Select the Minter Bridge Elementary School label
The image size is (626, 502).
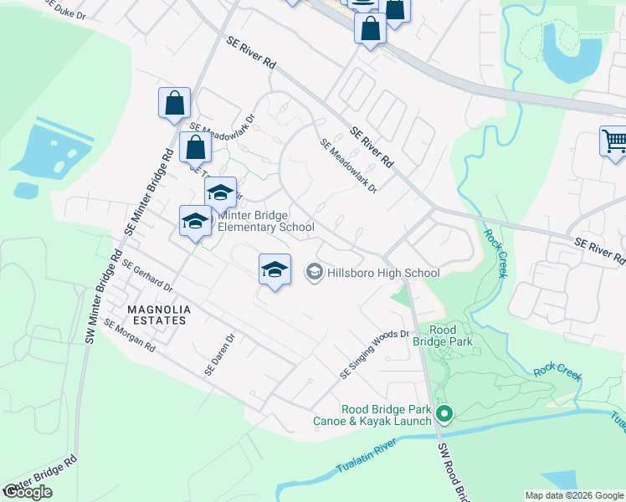[x=266, y=221]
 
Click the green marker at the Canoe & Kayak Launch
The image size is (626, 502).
[x=444, y=414]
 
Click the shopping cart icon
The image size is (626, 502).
[x=614, y=141]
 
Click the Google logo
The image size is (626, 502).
[x=28, y=492]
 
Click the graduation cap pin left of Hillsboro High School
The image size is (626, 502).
[x=275, y=270]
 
